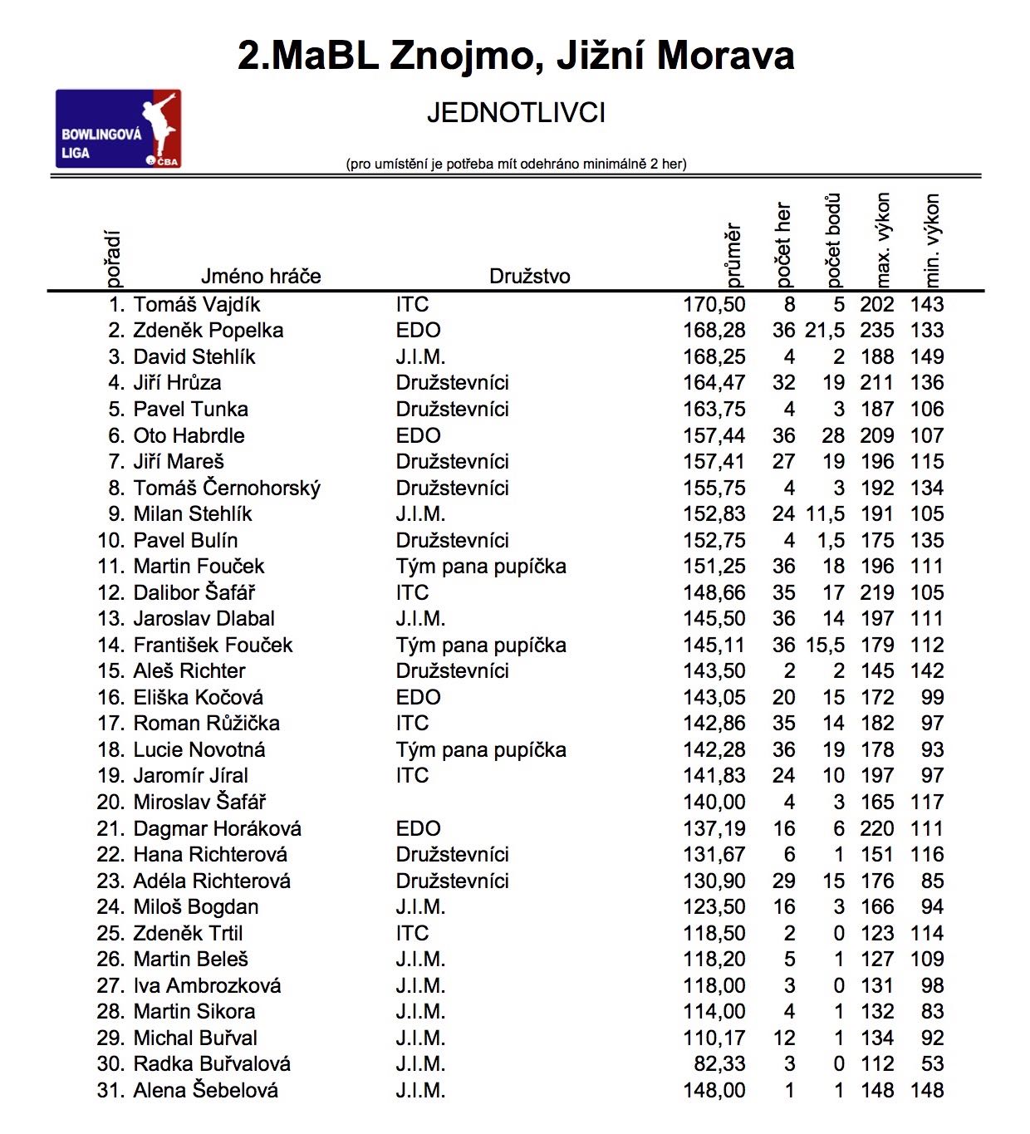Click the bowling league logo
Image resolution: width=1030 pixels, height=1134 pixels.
[x=118, y=129]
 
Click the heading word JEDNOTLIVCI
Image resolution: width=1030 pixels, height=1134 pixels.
[x=516, y=113]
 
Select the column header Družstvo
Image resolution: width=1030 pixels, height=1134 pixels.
[x=529, y=277]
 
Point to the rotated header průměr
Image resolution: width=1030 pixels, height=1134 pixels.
[x=732, y=254]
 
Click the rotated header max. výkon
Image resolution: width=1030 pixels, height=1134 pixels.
[x=882, y=240]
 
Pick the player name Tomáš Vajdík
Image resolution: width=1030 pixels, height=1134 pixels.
[x=197, y=305]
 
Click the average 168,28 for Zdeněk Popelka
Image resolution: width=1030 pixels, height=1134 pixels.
[x=714, y=331]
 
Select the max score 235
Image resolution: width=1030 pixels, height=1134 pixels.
[x=876, y=331]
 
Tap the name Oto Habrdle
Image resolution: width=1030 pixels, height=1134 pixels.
[x=189, y=436]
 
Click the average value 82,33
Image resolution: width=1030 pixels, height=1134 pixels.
[x=719, y=1064]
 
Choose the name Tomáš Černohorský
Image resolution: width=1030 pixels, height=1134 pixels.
[x=227, y=488]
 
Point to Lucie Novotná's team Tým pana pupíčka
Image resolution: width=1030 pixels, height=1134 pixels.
[x=480, y=750]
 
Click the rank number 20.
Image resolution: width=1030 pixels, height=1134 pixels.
[x=110, y=803]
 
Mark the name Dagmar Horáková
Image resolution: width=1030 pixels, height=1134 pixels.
[x=217, y=829]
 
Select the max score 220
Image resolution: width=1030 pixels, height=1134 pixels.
[x=876, y=829]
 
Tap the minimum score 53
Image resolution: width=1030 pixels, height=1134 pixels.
[x=932, y=1064]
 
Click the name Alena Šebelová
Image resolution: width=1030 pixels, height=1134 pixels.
[x=205, y=1091]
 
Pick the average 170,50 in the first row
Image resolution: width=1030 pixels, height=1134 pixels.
[x=714, y=305]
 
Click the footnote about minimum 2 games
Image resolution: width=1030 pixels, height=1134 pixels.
[x=516, y=164]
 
